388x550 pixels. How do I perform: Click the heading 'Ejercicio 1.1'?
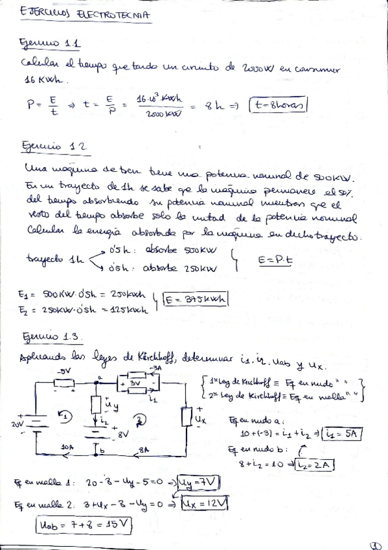click(51, 43)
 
